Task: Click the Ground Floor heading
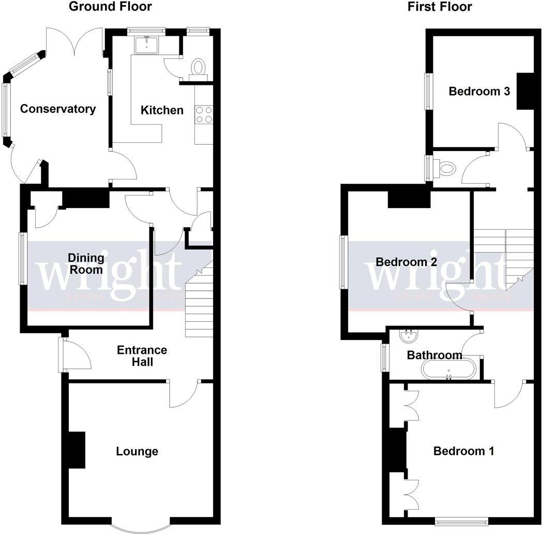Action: (110, 7)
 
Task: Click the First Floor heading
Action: (440, 7)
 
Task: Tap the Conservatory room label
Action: (58, 109)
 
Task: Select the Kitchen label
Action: (162, 110)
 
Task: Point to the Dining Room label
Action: (86, 263)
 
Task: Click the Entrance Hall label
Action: (142, 356)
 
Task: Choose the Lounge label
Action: (137, 452)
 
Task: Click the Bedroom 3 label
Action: (479, 92)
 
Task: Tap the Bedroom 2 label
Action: (406, 262)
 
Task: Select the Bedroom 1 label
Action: (463, 451)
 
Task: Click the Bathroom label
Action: (434, 355)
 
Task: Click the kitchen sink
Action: (147, 45)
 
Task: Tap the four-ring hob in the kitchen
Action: (204, 114)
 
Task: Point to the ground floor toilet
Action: (198, 68)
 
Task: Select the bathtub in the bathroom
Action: (448, 369)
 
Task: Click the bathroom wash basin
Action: (409, 337)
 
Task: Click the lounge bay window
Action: (141, 526)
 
